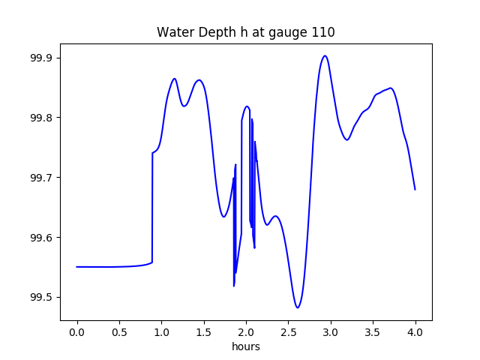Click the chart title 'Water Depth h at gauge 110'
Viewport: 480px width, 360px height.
click(246, 33)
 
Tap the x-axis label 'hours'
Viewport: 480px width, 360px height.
click(246, 346)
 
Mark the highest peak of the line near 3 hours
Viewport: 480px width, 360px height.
click(325, 55)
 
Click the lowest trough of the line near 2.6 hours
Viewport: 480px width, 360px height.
click(298, 307)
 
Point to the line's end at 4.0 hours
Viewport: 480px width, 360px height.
click(415, 189)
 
